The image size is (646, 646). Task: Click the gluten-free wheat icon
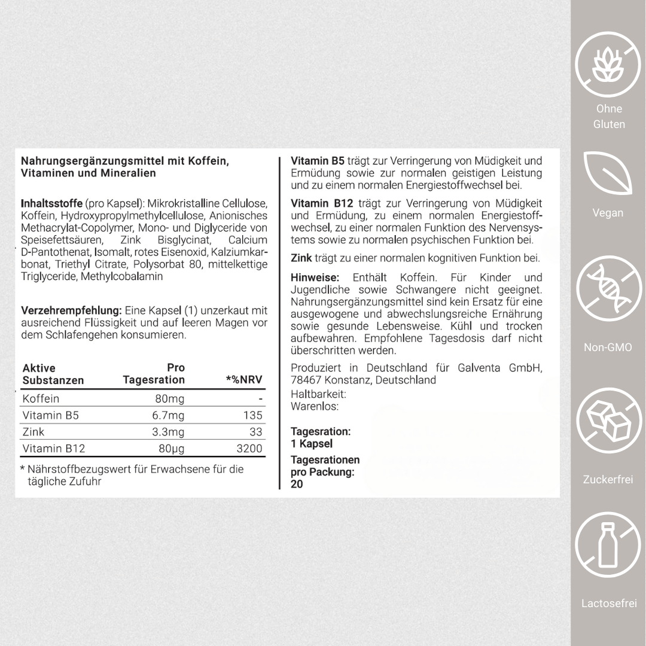click(608, 65)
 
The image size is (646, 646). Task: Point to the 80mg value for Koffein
click(170, 398)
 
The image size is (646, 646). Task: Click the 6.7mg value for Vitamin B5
click(168, 415)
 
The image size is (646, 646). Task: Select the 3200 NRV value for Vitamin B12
click(249, 449)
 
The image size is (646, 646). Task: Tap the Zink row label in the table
click(33, 432)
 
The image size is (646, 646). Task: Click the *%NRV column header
click(243, 380)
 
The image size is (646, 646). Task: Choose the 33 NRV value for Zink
click(256, 432)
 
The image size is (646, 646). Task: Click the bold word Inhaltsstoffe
click(52, 203)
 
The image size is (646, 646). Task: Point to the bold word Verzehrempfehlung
click(71, 310)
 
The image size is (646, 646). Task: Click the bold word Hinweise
click(315, 278)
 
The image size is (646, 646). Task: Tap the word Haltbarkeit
click(318, 394)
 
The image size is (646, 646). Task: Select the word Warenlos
click(315, 406)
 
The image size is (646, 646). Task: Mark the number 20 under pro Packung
click(297, 484)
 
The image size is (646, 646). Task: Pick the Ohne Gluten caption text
click(609, 117)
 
